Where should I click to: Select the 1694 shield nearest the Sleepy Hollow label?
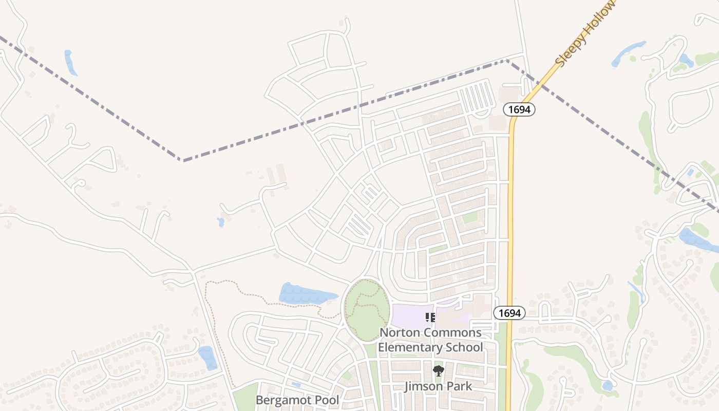coord(519,109)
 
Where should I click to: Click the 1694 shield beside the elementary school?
coord(509,312)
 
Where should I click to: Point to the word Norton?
coord(400,332)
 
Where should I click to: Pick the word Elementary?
coord(408,347)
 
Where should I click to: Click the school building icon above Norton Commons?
coord(430,317)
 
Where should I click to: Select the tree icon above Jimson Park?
coord(438,370)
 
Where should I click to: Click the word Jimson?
coord(424,386)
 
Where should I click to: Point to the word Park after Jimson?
coord(459,386)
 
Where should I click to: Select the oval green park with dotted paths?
coord(366,310)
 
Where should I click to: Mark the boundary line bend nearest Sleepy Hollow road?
coord(507,61)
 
